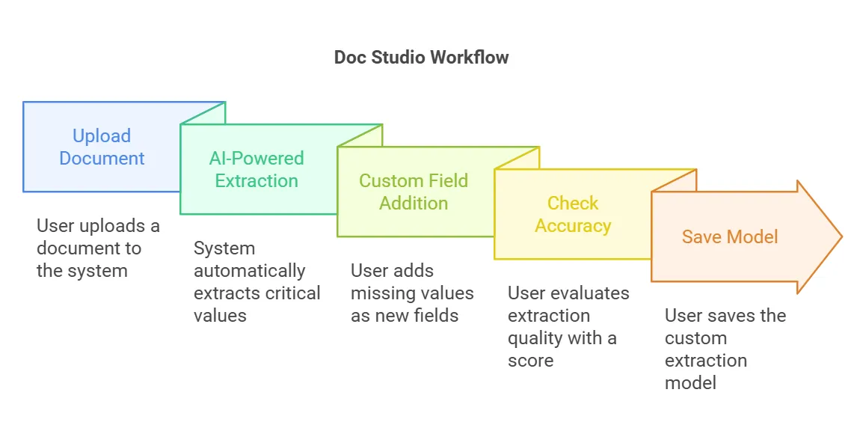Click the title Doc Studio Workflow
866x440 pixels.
pos(421,58)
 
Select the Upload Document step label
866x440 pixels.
pos(102,147)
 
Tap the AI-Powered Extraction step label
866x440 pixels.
pos(257,170)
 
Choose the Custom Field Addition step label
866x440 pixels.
pos(414,192)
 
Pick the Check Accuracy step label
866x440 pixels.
pos(573,215)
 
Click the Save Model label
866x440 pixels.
pos(730,237)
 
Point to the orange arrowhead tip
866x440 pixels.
pos(842,237)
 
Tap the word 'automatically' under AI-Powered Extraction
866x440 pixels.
pos(250,272)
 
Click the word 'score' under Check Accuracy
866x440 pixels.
pos(531,361)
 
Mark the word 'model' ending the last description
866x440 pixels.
pos(690,383)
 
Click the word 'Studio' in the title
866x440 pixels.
pos(398,58)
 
